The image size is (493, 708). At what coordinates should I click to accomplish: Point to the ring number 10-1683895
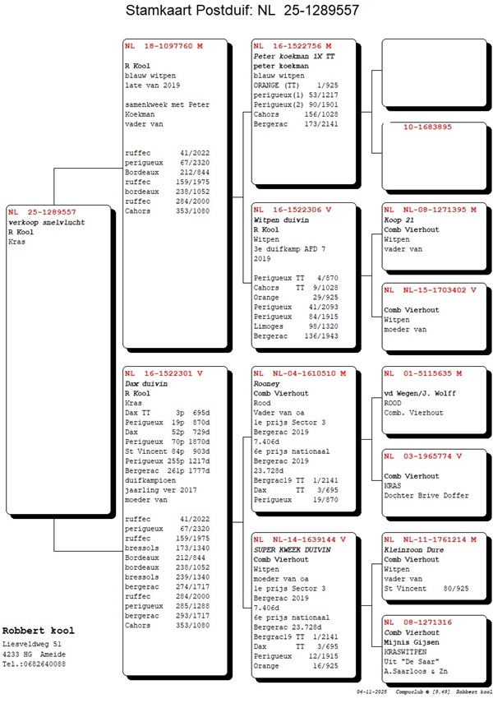click(x=427, y=127)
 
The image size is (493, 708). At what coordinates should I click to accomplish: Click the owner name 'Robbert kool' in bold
click(x=38, y=631)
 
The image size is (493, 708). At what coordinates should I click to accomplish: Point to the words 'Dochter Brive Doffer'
click(x=426, y=495)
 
